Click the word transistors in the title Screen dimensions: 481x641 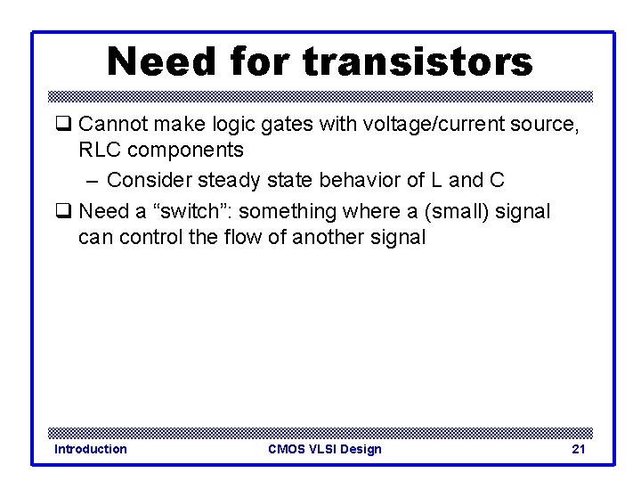[x=418, y=62]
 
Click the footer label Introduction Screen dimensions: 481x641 [x=91, y=449]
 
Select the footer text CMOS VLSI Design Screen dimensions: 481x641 [x=324, y=449]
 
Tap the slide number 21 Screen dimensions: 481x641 [x=578, y=449]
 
